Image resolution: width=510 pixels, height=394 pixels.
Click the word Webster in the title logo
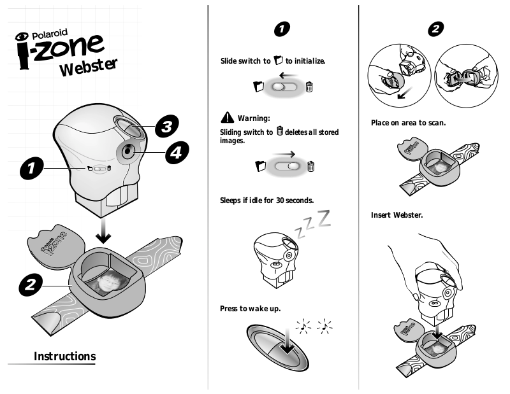click(88, 67)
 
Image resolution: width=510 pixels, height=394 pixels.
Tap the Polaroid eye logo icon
click(22, 36)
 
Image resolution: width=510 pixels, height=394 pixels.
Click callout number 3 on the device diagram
click(166, 126)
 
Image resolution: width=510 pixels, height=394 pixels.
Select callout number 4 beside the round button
click(177, 152)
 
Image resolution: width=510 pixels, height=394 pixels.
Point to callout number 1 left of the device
click(31, 168)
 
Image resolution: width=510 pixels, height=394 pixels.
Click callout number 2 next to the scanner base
click(30, 285)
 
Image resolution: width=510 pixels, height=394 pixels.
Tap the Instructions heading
click(65, 356)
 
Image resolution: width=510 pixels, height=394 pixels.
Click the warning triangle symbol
click(227, 118)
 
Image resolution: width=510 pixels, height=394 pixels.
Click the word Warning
click(254, 118)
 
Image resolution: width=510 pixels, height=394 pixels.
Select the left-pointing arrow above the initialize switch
click(289, 76)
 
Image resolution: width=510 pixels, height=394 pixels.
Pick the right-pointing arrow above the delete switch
click(284, 154)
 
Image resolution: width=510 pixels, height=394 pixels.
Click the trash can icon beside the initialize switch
click(309, 87)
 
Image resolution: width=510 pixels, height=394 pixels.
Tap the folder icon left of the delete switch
click(261, 166)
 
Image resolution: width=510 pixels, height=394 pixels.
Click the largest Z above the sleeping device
click(324, 218)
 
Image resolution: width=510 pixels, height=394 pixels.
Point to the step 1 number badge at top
click(282, 29)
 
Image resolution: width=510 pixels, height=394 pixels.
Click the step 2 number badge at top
click(435, 29)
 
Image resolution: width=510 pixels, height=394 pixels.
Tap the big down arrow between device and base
click(103, 230)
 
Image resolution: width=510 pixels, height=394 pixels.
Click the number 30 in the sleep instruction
click(280, 201)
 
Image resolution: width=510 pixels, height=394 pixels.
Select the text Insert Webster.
click(397, 215)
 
